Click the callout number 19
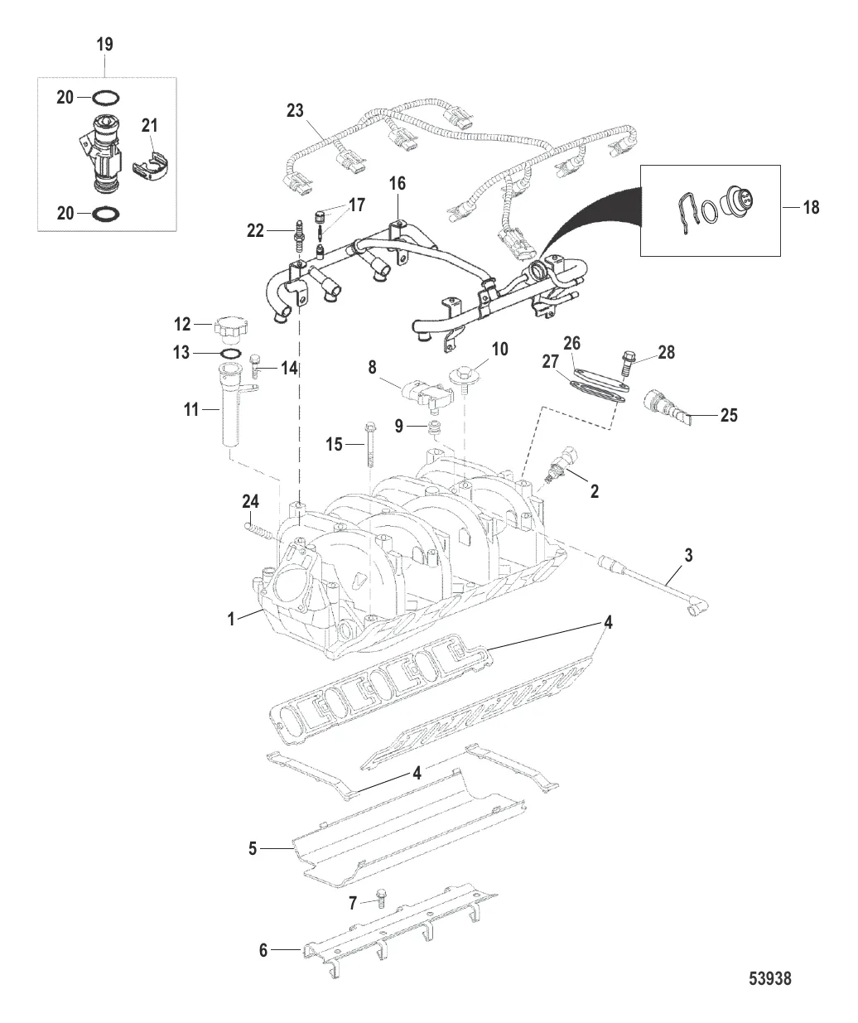coord(105,44)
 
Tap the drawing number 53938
coord(770,979)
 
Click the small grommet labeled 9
coord(431,427)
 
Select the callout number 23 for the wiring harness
coord(296,109)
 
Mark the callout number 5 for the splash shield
coord(253,847)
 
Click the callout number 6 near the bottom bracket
coord(264,950)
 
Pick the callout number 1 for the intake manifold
coord(233,616)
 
